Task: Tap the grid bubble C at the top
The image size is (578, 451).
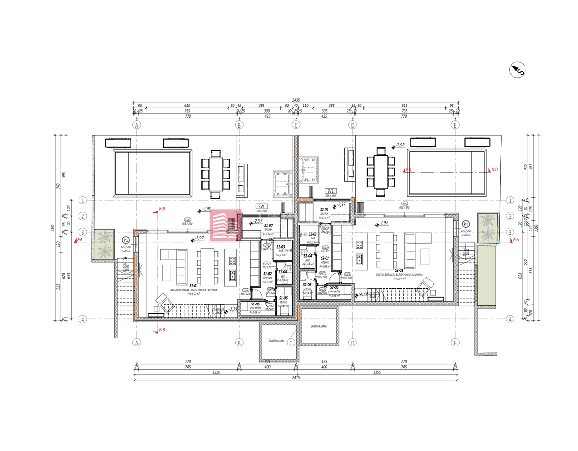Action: (x=296, y=125)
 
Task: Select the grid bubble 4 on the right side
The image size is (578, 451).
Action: (x=510, y=319)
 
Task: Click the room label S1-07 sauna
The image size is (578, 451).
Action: (x=268, y=225)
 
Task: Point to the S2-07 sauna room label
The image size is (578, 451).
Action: (x=324, y=210)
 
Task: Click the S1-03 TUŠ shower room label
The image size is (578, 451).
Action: (x=281, y=247)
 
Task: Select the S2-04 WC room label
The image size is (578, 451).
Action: (x=308, y=256)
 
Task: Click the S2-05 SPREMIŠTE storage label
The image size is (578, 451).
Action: (x=334, y=287)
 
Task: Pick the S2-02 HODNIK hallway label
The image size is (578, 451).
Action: (x=325, y=258)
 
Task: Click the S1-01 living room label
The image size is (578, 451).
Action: (x=194, y=285)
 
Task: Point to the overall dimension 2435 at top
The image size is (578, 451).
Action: (x=296, y=100)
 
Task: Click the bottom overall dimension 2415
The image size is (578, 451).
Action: (x=296, y=378)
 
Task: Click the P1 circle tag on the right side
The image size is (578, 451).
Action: (x=465, y=225)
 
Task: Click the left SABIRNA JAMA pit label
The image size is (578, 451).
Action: (x=276, y=341)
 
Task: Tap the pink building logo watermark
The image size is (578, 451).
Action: (x=225, y=225)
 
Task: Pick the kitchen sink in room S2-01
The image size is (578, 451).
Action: (x=359, y=260)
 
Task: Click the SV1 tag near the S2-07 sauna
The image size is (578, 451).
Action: (x=330, y=191)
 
